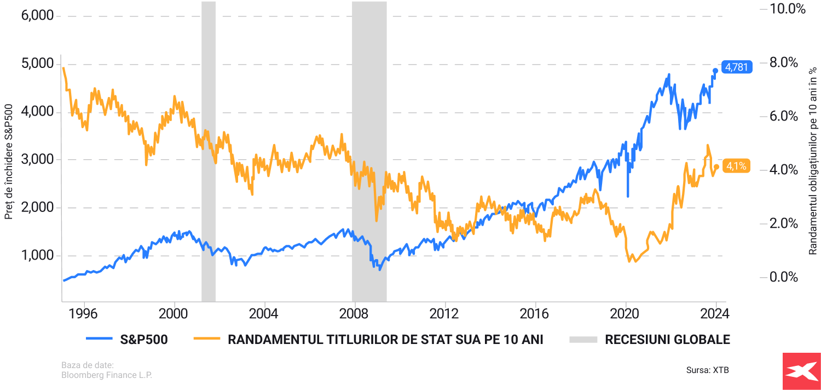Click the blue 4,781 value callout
[737, 67]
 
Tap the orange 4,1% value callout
[737, 165]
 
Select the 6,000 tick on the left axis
[37, 16]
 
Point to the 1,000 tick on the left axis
[37, 256]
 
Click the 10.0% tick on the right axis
[788, 9]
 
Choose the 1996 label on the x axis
[84, 314]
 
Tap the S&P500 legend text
[143, 340]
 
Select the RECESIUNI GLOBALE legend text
[667, 340]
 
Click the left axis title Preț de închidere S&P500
[9, 160]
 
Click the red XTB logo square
[802, 371]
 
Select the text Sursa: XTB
[707, 370]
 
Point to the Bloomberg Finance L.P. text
[106, 375]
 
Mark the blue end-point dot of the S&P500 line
[715, 71]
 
